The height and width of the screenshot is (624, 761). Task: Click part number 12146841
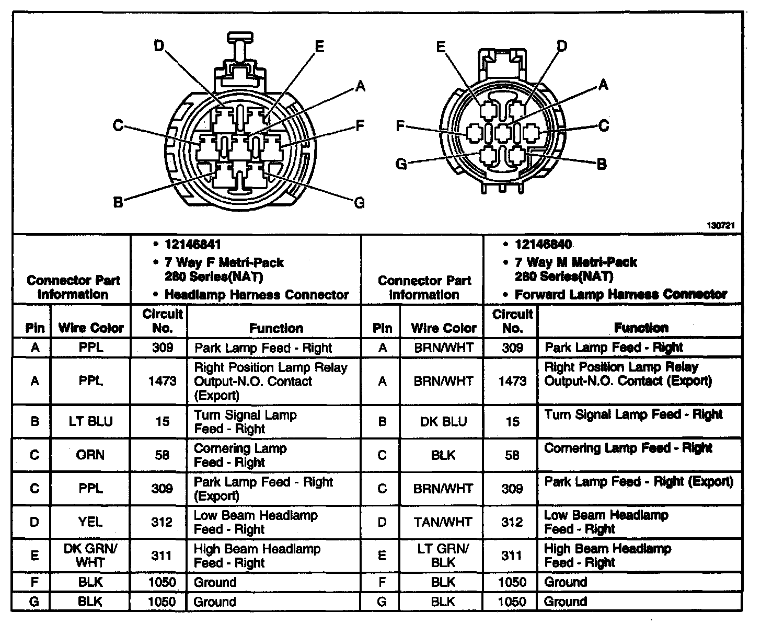pyautogui.click(x=193, y=245)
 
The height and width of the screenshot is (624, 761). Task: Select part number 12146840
pyautogui.click(x=543, y=245)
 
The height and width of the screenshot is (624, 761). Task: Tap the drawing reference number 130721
pyautogui.click(x=721, y=226)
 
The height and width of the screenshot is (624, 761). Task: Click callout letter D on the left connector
pyautogui.click(x=159, y=47)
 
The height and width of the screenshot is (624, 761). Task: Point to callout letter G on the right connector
pyautogui.click(x=401, y=164)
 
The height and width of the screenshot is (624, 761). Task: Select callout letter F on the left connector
pyautogui.click(x=360, y=125)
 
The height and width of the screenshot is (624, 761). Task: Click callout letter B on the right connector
pyautogui.click(x=602, y=164)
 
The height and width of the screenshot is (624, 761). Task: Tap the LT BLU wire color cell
pyautogui.click(x=91, y=421)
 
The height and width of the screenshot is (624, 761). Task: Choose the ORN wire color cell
pyautogui.click(x=91, y=455)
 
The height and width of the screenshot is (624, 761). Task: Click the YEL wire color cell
pyautogui.click(x=91, y=522)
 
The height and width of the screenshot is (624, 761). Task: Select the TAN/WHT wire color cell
pyautogui.click(x=443, y=522)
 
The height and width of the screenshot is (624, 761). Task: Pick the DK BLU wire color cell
pyautogui.click(x=443, y=421)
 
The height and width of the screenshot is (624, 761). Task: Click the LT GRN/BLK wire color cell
pyautogui.click(x=443, y=555)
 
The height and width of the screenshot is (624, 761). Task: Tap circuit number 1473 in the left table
pyautogui.click(x=162, y=381)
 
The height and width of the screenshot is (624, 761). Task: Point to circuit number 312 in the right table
pyautogui.click(x=512, y=522)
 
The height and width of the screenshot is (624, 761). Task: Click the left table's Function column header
pyautogui.click(x=276, y=328)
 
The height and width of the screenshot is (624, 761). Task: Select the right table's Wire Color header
pyautogui.click(x=443, y=328)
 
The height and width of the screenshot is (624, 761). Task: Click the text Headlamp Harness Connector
pyautogui.click(x=257, y=295)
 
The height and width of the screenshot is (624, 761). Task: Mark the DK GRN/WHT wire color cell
pyautogui.click(x=91, y=555)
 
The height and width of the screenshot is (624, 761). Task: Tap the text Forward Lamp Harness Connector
pyautogui.click(x=620, y=294)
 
